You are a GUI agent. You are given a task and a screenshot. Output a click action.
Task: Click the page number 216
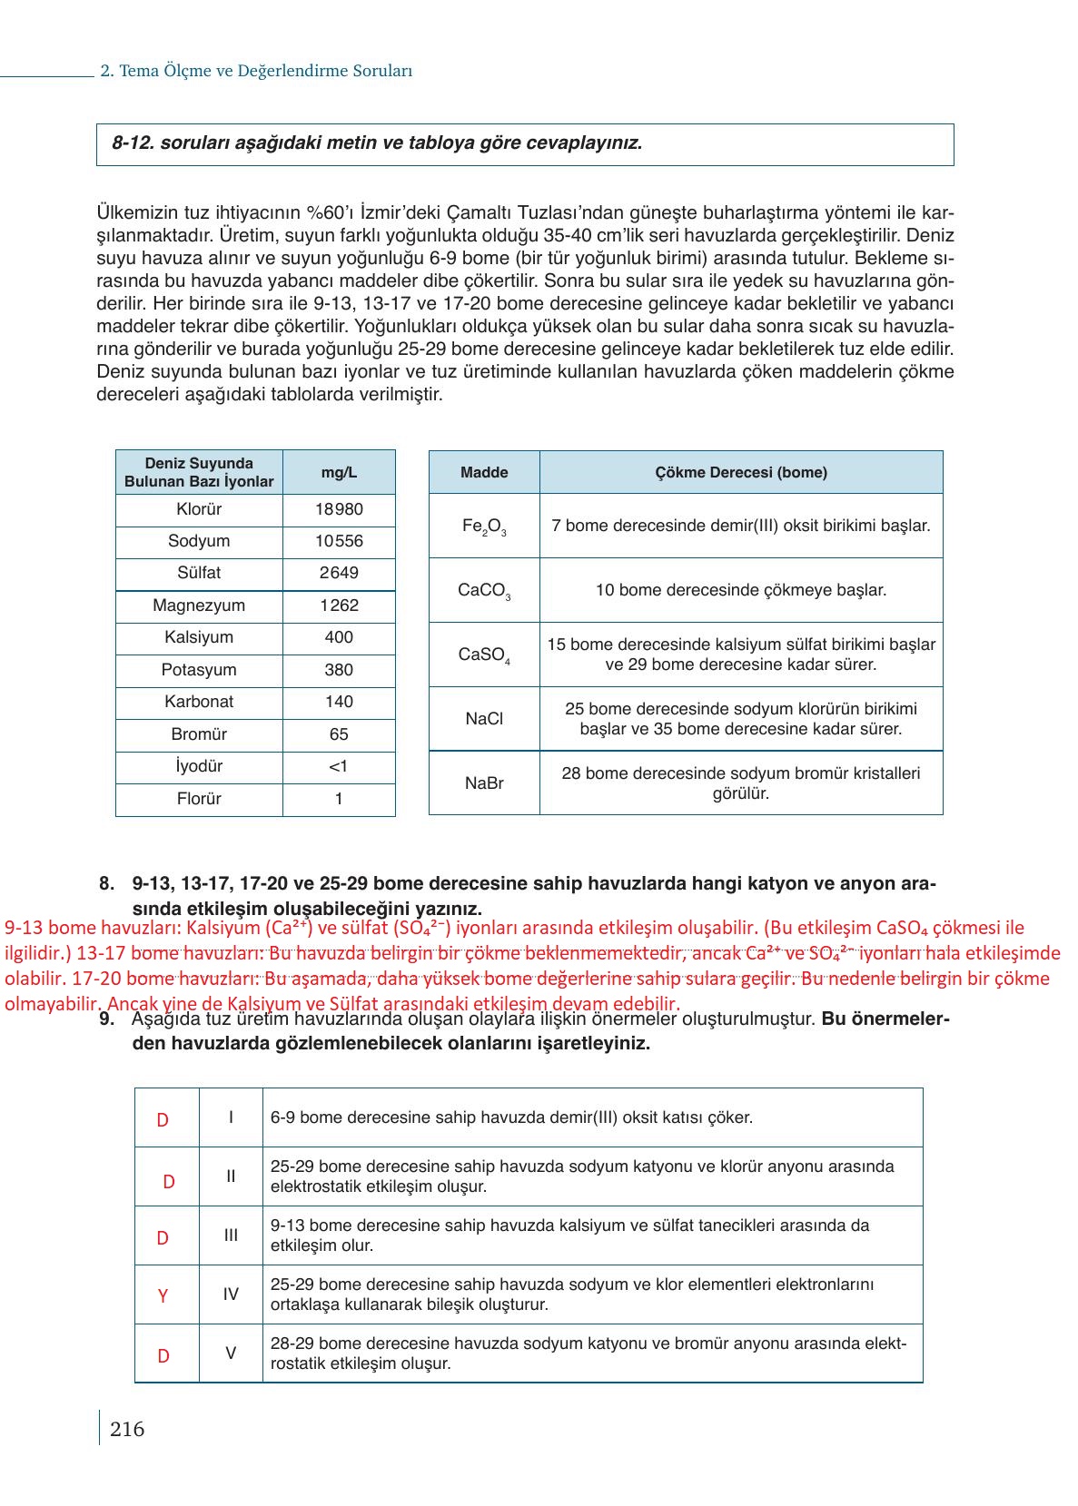[127, 1430]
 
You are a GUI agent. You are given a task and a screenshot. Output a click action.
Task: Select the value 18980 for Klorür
[339, 509]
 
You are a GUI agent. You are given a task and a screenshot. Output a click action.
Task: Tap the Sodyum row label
[199, 541]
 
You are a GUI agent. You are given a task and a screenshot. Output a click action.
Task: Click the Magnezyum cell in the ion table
[199, 605]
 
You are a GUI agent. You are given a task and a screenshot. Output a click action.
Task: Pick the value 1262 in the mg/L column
[339, 605]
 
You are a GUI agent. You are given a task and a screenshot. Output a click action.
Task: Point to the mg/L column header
[339, 472]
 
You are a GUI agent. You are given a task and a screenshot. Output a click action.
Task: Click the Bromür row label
[199, 734]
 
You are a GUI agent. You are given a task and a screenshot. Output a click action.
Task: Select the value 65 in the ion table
[339, 734]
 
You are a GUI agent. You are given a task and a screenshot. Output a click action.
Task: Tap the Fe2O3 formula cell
[484, 527]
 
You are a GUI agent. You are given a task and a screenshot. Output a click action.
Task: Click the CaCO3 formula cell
[484, 591]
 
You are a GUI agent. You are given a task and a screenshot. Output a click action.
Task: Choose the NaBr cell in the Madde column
[484, 783]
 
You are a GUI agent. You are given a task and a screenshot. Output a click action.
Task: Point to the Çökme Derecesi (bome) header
[741, 472]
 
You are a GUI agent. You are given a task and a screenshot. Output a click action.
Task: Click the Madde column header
[484, 472]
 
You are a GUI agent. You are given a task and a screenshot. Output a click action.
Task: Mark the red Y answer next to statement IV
[163, 1296]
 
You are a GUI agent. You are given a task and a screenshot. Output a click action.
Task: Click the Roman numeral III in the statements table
[231, 1235]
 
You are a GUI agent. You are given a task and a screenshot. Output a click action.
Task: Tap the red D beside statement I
[163, 1120]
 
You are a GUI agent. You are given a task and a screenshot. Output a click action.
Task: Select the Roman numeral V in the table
[231, 1353]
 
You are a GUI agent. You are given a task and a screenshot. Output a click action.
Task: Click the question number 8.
[106, 883]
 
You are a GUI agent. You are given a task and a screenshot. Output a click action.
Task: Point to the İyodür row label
[199, 766]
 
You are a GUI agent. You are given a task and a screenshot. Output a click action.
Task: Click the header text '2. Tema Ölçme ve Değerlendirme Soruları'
[256, 71]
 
